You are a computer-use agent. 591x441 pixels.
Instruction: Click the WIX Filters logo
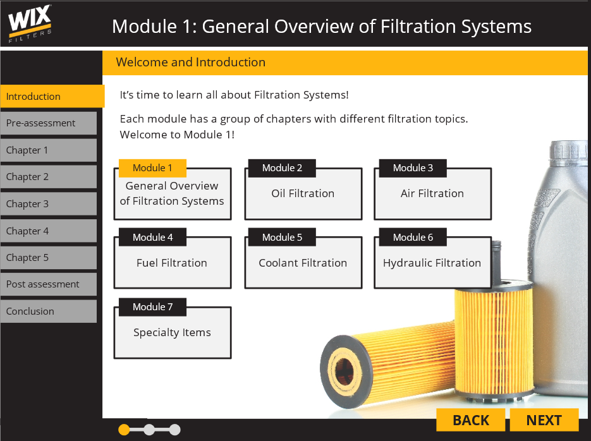(x=30, y=23)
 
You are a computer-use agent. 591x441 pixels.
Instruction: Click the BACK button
(x=471, y=420)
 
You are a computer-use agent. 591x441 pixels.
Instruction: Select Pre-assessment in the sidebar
(x=49, y=123)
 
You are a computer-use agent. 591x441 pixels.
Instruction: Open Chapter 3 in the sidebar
(x=49, y=204)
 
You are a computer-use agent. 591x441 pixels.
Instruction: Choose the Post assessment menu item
(x=49, y=284)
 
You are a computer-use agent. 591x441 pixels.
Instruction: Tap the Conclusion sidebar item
(x=49, y=311)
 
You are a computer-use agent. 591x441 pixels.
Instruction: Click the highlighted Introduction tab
(x=52, y=97)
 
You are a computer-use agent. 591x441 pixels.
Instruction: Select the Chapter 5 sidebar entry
(x=49, y=258)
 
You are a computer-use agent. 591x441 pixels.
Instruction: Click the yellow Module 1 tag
(x=152, y=168)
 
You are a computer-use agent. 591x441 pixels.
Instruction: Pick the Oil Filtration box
(x=303, y=194)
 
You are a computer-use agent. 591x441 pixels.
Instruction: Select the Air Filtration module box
(x=432, y=194)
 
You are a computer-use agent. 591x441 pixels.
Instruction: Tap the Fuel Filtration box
(x=172, y=263)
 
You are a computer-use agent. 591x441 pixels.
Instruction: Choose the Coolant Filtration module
(x=303, y=263)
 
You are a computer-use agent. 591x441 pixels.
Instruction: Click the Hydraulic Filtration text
(x=432, y=263)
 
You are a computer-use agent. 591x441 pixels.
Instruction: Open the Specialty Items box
(x=172, y=333)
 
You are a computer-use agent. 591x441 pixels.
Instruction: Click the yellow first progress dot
(x=124, y=430)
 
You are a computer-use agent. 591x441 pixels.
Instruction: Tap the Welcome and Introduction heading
(x=191, y=63)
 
